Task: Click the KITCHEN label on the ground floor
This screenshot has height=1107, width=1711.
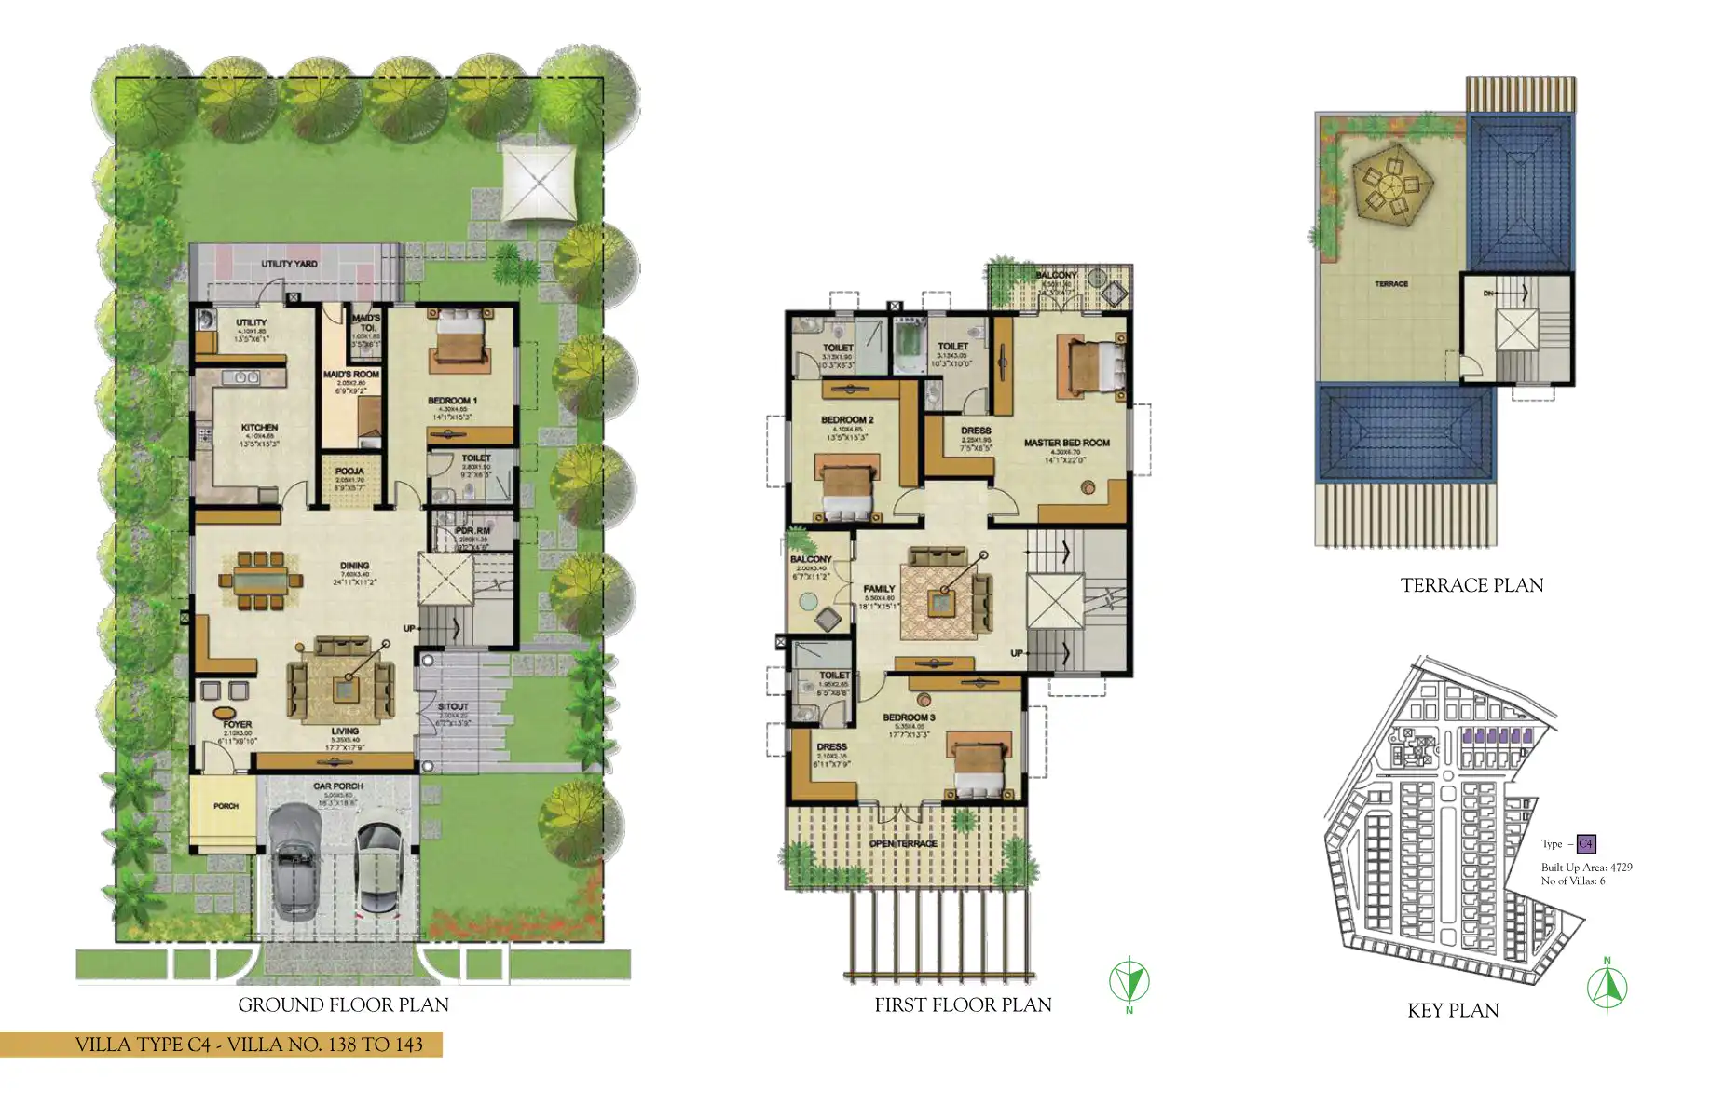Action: [259, 427]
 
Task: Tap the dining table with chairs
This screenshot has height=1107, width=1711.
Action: [261, 580]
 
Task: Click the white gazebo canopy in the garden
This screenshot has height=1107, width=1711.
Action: [539, 183]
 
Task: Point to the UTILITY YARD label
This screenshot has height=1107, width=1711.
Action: [289, 264]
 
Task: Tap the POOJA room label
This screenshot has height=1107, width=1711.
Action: [349, 471]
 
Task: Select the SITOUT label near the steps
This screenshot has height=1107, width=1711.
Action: [453, 707]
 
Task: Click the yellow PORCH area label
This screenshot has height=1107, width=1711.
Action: [226, 806]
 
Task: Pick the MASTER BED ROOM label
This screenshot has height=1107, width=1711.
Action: [1066, 443]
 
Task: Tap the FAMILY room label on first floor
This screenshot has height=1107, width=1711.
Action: [879, 589]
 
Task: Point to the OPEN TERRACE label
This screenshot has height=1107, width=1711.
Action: [903, 843]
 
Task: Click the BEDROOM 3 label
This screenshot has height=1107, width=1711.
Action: [909, 717]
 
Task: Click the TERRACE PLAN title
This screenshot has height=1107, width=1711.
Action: [1471, 585]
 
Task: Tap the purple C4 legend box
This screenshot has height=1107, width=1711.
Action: [1585, 844]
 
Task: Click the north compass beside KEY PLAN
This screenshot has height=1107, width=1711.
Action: [1607, 986]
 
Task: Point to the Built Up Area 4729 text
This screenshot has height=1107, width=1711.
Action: [1586, 867]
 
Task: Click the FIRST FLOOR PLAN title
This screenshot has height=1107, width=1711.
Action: [963, 1004]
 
